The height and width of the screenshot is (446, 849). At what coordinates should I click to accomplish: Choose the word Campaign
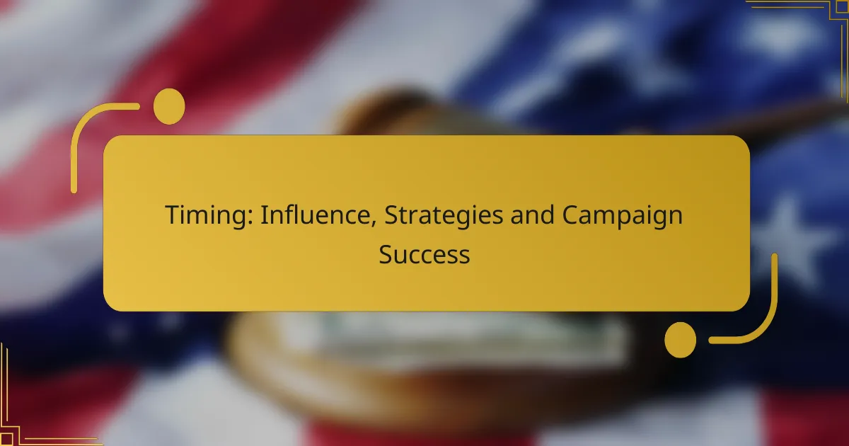click(x=623, y=216)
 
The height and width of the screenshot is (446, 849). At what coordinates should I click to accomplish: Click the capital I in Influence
click(x=264, y=215)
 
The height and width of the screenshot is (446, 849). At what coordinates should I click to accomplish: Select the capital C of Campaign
click(x=571, y=215)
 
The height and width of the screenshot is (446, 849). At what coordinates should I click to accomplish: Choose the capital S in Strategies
click(x=391, y=215)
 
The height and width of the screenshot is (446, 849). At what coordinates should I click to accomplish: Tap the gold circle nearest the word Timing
click(x=168, y=106)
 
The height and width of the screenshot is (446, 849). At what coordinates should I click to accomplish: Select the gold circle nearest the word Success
click(x=681, y=339)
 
